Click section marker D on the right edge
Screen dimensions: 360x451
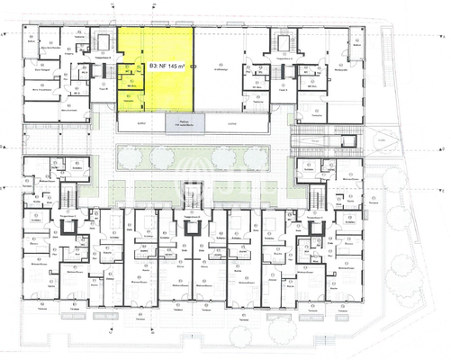pyautogui.click(x=444, y=146)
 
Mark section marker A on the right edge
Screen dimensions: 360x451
pyautogui.click(x=444, y=34)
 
